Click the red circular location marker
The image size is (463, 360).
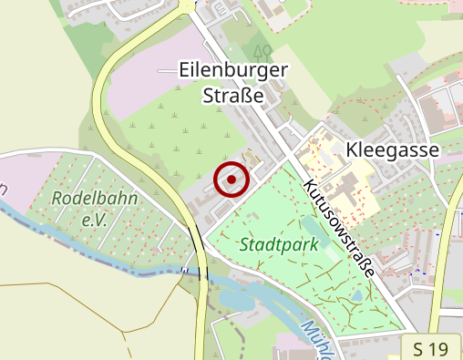point(232,180)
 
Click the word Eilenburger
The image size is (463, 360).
point(233,70)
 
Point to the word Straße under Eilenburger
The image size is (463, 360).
point(233,94)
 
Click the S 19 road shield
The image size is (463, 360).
point(430,348)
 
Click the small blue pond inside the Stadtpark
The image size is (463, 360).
point(355,297)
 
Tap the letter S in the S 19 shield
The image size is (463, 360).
point(418,348)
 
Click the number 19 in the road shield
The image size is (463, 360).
point(438,348)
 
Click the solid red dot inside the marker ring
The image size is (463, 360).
point(232,180)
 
